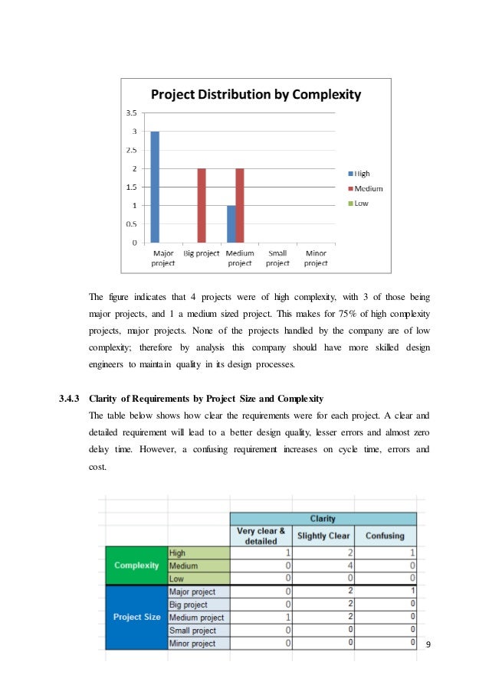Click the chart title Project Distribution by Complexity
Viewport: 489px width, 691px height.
[256, 96]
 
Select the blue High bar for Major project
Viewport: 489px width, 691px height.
[155, 187]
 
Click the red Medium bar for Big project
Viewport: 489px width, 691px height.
[202, 205]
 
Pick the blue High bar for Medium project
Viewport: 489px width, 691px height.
[231, 223]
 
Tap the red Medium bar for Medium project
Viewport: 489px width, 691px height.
[240, 205]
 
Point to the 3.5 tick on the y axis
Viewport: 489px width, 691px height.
[132, 112]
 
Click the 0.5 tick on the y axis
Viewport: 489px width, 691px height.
[132, 224]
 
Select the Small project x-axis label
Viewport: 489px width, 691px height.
[277, 258]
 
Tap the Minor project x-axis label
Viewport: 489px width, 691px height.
[316, 258]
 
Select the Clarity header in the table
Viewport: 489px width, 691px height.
[322, 518]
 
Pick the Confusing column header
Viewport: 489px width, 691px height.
[385, 536]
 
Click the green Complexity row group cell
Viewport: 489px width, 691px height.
[136, 566]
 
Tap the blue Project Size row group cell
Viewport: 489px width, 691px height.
[136, 618]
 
